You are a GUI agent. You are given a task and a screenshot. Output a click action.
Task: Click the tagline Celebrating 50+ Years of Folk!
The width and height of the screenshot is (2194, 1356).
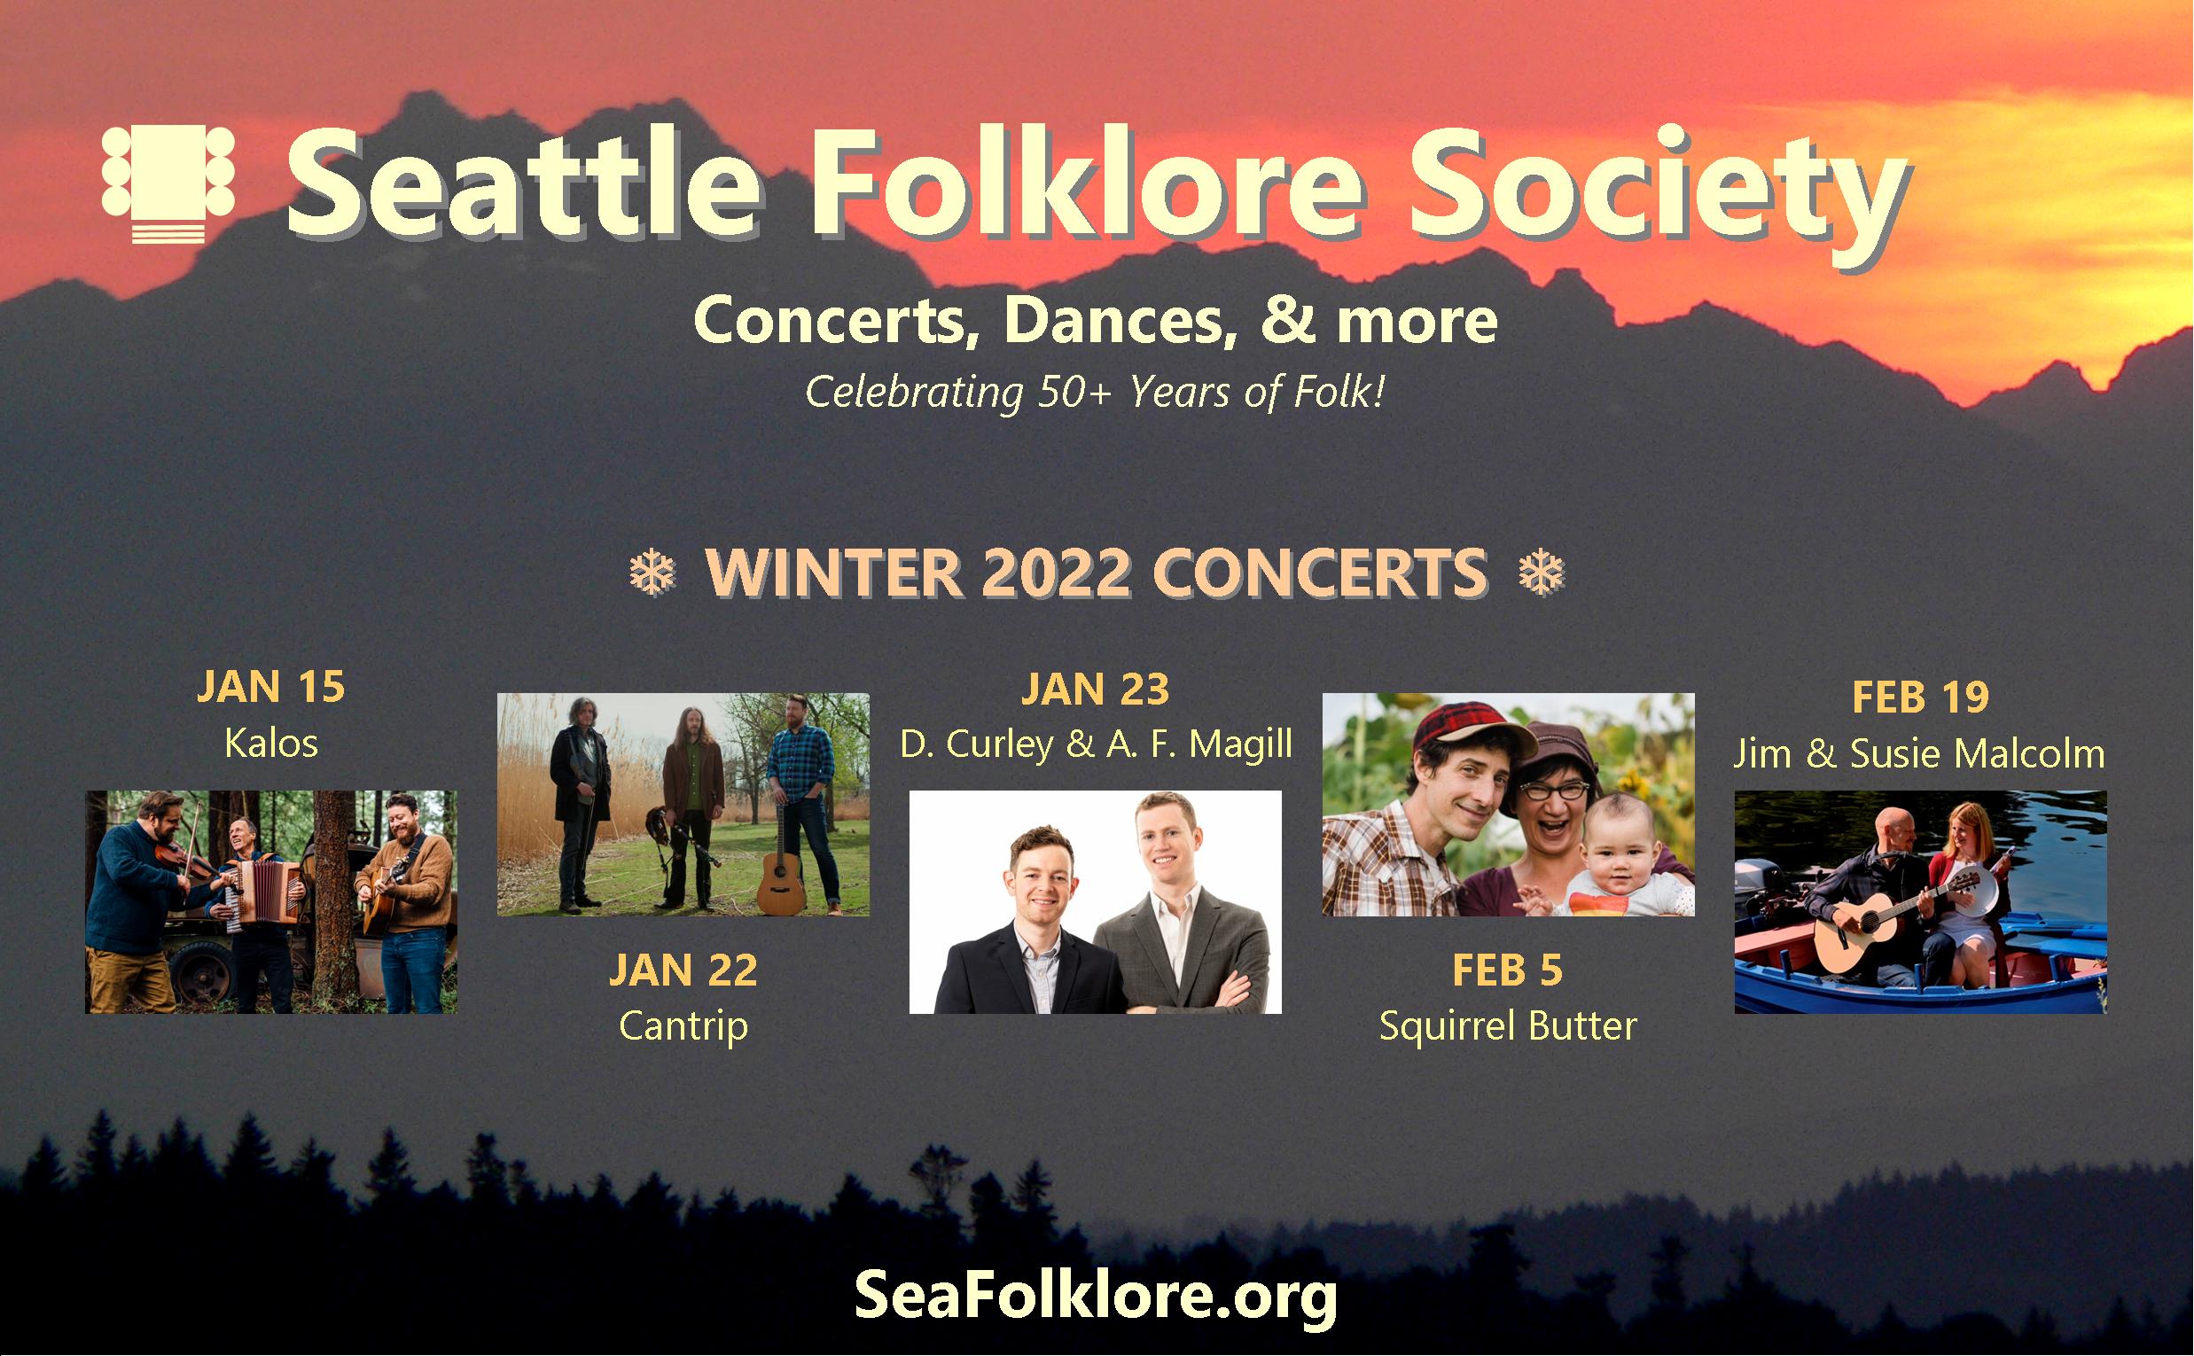[1095, 392]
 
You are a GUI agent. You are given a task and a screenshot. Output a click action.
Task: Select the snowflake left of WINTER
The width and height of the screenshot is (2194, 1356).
[652, 573]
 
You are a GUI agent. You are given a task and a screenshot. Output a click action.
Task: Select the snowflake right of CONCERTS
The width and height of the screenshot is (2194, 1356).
[1541, 573]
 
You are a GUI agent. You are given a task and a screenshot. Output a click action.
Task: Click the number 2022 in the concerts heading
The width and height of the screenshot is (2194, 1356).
[1055, 573]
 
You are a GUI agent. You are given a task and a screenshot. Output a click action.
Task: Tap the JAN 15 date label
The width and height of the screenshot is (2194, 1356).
[271, 687]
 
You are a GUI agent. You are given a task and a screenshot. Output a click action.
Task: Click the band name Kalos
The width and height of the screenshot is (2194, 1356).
[271, 744]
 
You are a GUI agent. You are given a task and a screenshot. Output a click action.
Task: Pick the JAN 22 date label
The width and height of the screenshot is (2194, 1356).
[683, 970]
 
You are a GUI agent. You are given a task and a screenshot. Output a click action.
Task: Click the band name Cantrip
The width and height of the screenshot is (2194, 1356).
[683, 1026]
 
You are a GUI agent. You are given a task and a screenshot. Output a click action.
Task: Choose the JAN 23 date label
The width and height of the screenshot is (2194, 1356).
[1095, 689]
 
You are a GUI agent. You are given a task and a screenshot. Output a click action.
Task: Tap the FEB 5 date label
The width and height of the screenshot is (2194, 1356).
[1508, 970]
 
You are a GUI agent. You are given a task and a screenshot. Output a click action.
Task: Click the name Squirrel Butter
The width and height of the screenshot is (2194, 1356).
[1508, 1026]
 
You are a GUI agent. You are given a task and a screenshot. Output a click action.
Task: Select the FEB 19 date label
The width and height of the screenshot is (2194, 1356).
[1920, 697]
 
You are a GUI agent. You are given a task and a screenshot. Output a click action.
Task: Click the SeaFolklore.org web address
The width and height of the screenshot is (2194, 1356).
[1095, 1295]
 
